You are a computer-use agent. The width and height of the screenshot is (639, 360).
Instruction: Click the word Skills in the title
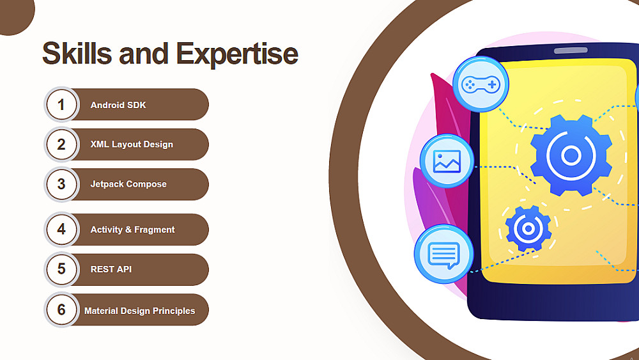coord(77,54)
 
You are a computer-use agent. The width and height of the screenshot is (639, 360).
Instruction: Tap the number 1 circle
coord(61,104)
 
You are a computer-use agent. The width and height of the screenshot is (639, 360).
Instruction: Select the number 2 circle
coord(61,145)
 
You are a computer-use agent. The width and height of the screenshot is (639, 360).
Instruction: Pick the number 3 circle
coord(61,184)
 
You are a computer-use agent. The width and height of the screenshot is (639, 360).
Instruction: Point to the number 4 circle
coord(61,229)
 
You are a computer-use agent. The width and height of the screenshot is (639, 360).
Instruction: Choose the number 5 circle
coord(61,269)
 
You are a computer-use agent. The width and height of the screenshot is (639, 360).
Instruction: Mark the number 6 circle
coord(61,309)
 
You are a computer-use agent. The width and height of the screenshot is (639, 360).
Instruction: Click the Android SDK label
coord(118,105)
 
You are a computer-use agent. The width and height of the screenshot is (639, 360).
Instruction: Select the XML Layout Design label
coord(132,145)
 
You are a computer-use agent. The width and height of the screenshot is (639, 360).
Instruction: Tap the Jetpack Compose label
coord(128,184)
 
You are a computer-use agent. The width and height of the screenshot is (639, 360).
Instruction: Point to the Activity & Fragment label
coord(132,230)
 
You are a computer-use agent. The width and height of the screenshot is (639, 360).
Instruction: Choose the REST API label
coord(111,269)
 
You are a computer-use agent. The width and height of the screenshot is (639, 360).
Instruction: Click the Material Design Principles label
coord(140,311)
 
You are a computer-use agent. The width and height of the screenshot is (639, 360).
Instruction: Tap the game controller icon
coord(481,84)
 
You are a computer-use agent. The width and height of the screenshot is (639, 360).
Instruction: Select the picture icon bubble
coord(447,161)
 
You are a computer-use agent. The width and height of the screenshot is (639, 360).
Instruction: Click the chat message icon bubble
coord(444,254)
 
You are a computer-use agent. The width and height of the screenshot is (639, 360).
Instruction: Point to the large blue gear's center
coord(571,155)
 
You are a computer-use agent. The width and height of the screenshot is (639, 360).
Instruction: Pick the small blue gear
coord(528,228)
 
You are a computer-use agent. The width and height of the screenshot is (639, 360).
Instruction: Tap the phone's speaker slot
coord(571,51)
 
